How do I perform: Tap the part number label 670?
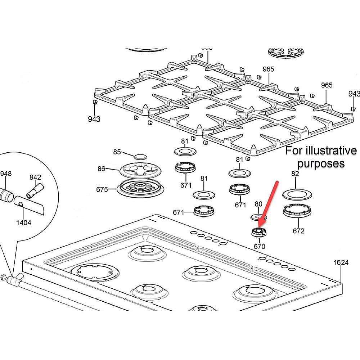[x=259, y=247]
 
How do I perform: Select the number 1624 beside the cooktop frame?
[x=341, y=262]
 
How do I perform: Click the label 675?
[x=102, y=189]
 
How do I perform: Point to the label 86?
[x=102, y=168]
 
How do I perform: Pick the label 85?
[x=117, y=152]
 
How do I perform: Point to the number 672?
[x=298, y=231]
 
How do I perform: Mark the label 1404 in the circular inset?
[x=24, y=222]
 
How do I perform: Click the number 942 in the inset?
[x=35, y=177]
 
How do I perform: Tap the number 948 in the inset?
[x=6, y=174]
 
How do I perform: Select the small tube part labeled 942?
[x=36, y=189]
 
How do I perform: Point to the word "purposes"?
[x=321, y=163]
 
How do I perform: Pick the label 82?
[x=295, y=174]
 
